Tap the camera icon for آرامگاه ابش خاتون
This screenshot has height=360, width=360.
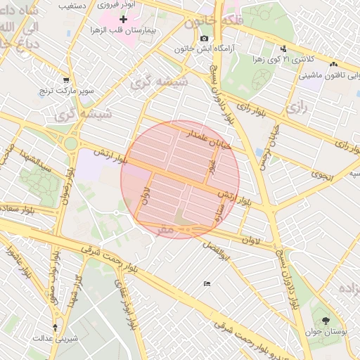[204, 38]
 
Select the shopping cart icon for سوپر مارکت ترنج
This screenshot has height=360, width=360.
[66, 80]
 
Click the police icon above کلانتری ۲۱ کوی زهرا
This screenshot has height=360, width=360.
[283, 49]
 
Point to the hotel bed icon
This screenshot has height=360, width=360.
[206, 283]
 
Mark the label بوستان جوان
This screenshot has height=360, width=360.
[324, 331]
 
